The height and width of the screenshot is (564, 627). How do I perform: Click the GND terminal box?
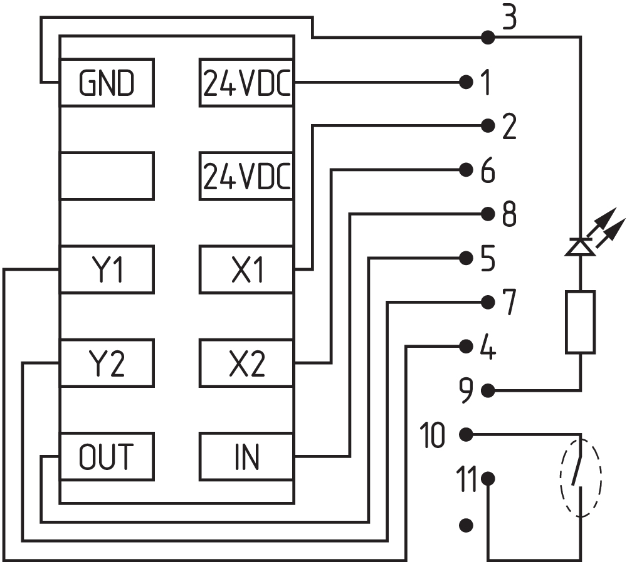107,82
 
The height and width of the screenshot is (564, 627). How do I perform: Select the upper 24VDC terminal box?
247,82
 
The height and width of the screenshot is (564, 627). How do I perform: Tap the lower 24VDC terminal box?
247,176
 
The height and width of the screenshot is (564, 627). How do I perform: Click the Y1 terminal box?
107,269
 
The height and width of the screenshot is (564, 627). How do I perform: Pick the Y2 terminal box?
107,363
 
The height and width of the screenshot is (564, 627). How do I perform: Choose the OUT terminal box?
107,456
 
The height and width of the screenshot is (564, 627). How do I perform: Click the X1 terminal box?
247,269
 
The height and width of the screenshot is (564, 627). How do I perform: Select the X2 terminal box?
247,363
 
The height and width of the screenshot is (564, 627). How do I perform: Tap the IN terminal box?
247,456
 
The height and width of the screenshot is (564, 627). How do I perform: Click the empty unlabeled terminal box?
107,176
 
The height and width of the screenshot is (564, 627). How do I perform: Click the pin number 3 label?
509,19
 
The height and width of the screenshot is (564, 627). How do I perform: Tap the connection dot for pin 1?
465,82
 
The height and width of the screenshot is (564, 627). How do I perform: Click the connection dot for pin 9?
488,391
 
